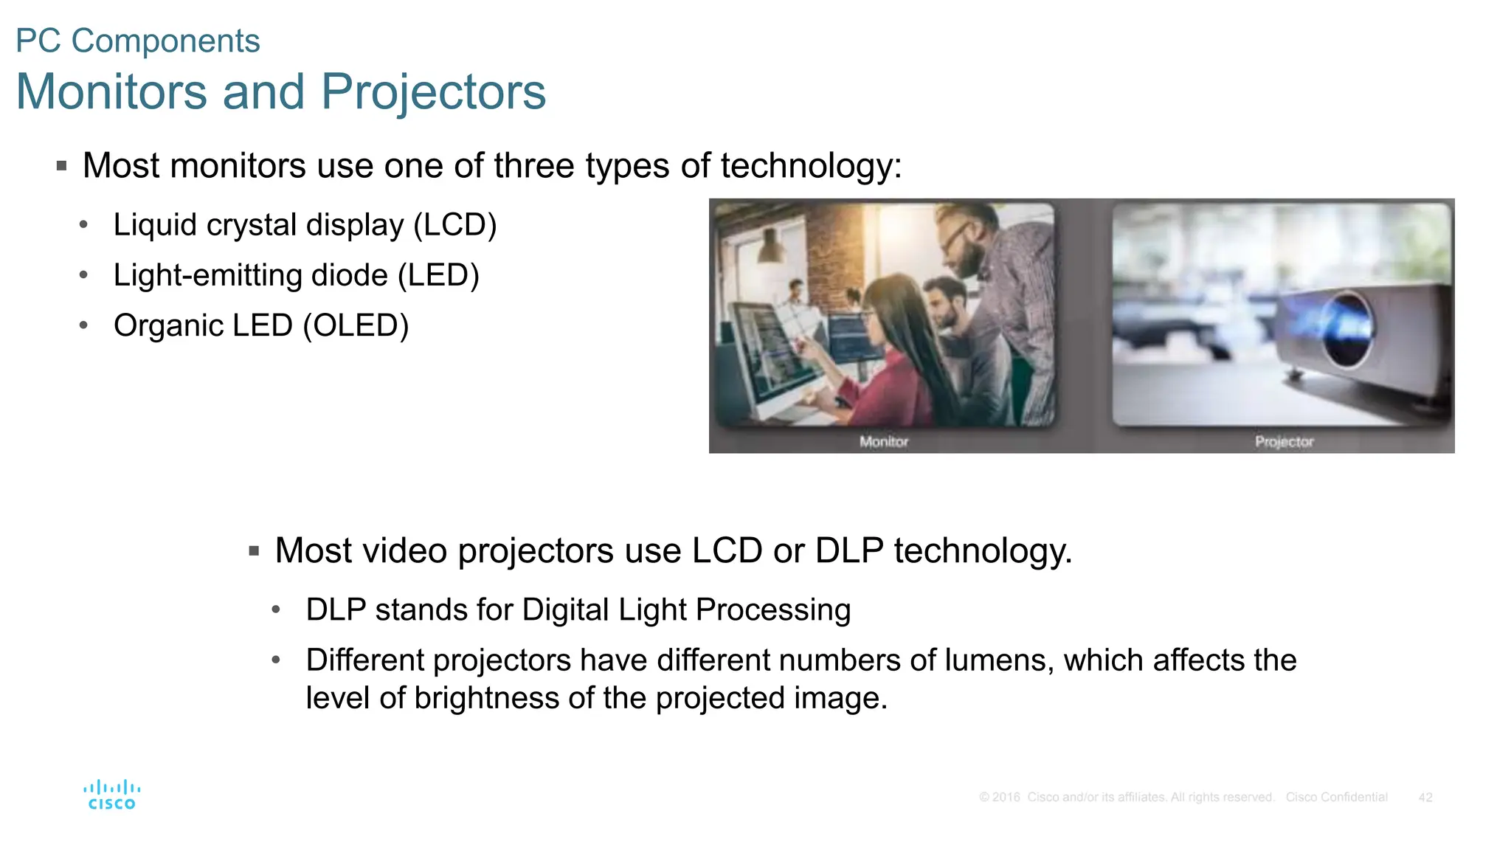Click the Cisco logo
tap(111, 795)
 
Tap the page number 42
tap(1425, 798)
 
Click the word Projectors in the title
tap(433, 92)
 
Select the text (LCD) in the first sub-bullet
tap(454, 225)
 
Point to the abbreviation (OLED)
tap(356, 325)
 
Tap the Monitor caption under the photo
tap(883, 441)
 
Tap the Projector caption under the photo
tap(1284, 441)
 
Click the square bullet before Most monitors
tap(62, 166)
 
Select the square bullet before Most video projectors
tap(254, 551)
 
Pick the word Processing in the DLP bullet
tap(772, 610)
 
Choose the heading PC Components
tap(138, 41)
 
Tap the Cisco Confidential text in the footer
tap(1336, 798)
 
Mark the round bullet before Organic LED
tap(84, 325)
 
